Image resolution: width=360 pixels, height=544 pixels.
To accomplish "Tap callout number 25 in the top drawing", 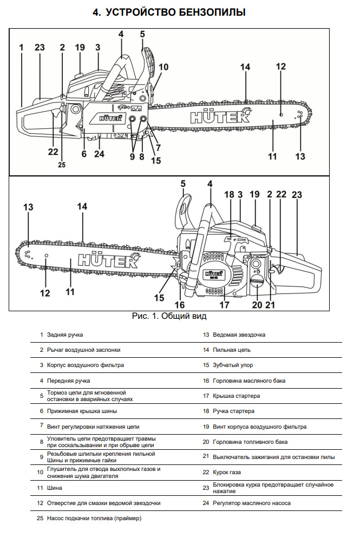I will coord(61,166).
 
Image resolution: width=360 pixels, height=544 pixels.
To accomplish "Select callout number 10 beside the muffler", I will coord(163,68).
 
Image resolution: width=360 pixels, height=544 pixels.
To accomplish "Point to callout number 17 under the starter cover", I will coord(224,305).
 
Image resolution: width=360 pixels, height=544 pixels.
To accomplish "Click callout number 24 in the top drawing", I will coord(99,154).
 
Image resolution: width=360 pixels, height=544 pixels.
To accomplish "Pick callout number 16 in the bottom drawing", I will coord(180,305).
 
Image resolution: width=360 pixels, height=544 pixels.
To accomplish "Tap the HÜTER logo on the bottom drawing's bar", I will coord(108,261).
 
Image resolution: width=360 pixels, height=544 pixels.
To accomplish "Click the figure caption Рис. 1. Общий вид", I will coord(169,316).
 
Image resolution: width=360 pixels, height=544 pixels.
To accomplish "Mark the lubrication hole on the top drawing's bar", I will coord(281,115).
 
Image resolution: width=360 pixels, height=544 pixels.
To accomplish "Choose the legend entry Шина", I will coord(54,488).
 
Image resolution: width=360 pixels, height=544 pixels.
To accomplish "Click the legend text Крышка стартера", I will coord(237,396).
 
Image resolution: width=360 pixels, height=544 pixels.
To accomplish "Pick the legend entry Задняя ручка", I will coord(65,335).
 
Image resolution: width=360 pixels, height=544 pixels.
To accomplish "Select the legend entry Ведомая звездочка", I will coord(239,335).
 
